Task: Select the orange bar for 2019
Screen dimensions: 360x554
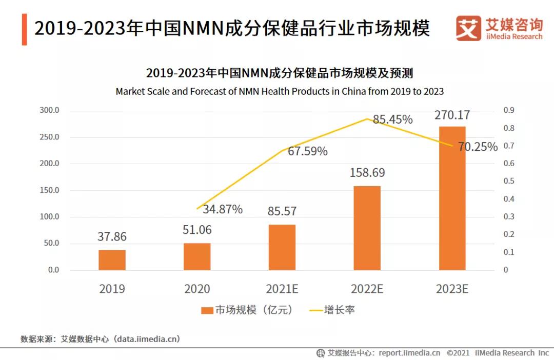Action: [x=112, y=260]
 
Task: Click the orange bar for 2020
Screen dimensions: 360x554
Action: [x=197, y=256]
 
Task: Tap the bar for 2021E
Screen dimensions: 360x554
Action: [x=282, y=247]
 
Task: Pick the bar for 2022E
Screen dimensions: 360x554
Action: [x=367, y=228]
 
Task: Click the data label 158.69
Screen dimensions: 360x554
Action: [x=367, y=173]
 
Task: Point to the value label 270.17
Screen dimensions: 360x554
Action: [x=452, y=115]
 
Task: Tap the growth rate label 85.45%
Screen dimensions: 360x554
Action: [x=392, y=119]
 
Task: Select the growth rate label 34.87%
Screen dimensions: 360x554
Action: [x=223, y=209]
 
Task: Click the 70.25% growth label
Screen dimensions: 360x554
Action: [x=478, y=147]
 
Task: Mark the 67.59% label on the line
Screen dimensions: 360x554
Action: [x=308, y=151]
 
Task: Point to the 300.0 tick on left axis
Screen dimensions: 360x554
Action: [x=49, y=110]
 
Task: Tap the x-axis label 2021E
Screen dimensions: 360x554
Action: [x=282, y=289]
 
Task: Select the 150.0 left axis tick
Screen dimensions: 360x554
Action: [x=49, y=190]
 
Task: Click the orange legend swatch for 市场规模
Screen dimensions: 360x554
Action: [x=207, y=310]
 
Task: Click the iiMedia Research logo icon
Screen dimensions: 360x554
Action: [x=468, y=28]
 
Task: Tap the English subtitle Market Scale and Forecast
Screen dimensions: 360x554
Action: [x=280, y=92]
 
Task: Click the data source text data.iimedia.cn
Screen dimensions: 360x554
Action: [x=147, y=339]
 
